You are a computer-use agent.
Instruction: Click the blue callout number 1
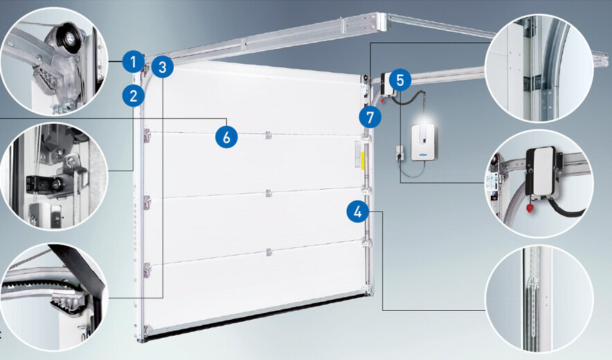click(133, 62)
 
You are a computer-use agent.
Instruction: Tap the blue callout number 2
click(133, 96)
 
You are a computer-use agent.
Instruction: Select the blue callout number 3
click(163, 66)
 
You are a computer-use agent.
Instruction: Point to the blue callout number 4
click(357, 212)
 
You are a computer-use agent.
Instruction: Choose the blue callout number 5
click(400, 80)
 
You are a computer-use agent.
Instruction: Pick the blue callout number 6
click(226, 137)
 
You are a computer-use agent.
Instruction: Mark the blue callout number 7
click(370, 117)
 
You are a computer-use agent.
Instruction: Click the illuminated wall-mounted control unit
click(424, 141)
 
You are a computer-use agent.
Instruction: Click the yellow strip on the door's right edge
click(363, 161)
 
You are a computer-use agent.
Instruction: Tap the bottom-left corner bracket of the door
click(147, 330)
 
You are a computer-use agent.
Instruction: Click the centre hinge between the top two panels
click(268, 135)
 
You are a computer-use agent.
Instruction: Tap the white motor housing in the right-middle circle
click(541, 171)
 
